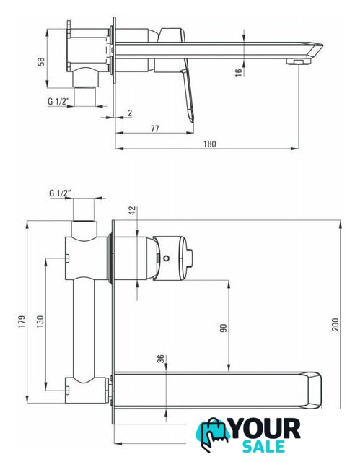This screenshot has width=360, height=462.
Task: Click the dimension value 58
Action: coord(41,61)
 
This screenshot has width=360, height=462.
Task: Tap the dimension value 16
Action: coord(238,72)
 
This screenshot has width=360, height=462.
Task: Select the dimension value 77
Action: coord(155,128)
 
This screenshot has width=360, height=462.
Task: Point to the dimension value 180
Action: coord(210,144)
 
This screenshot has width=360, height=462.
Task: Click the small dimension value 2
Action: coord(130,113)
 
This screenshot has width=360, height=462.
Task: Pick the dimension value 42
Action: coord(133,211)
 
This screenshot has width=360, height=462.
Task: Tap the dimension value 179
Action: coord(22,322)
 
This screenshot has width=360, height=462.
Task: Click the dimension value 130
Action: coord(40,322)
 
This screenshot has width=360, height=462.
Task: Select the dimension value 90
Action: coord(224,328)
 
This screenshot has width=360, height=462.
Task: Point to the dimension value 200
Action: coord(335,324)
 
